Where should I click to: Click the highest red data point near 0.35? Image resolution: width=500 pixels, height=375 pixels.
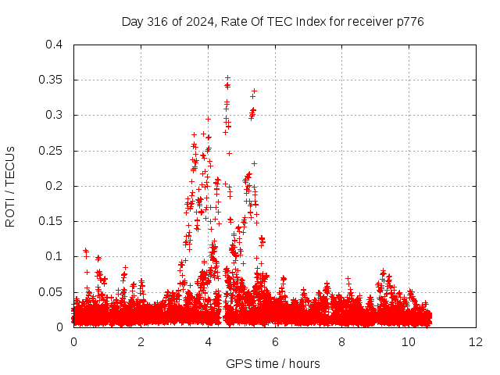point(227,78)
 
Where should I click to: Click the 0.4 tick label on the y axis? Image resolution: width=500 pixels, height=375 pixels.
point(54,45)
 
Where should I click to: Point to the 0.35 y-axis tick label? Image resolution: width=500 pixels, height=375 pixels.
point(50,80)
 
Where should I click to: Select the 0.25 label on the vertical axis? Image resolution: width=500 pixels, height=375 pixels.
point(50,151)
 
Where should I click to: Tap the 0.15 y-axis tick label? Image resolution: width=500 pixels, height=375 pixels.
point(50,221)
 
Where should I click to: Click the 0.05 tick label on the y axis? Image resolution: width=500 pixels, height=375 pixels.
point(50,292)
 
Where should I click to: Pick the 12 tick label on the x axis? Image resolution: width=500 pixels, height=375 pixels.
point(476,342)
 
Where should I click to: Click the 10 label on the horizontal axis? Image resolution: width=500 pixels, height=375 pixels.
point(409,342)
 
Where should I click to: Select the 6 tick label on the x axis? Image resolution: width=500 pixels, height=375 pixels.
point(275,342)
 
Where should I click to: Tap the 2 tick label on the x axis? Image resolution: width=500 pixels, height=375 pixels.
point(141,342)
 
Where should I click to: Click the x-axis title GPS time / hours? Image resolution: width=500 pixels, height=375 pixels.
point(273,363)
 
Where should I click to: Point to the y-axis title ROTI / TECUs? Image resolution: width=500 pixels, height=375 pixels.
point(10,187)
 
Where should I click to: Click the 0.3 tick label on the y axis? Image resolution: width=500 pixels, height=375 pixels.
point(54,115)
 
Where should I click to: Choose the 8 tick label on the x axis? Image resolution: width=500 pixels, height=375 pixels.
point(342,342)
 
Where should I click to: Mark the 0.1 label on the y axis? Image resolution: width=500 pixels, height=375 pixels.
point(54,257)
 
